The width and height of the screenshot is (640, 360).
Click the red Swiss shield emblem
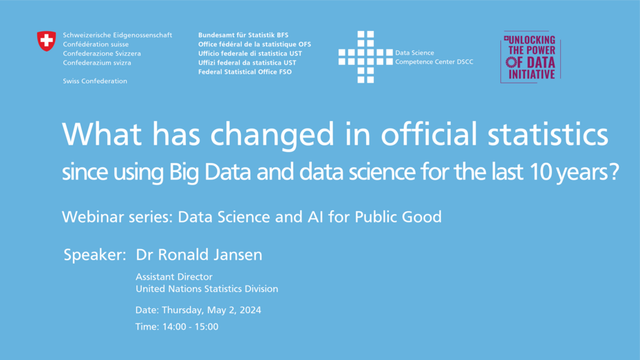[47, 41]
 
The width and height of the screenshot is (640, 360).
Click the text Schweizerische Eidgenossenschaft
[117, 35]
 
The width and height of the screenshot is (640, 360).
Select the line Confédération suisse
[96, 45]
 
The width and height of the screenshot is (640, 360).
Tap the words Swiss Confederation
[95, 81]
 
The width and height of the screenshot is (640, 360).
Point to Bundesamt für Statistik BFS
[243, 35]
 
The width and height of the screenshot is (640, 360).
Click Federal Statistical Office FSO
[245, 72]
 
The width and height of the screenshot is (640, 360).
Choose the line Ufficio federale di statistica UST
[250, 54]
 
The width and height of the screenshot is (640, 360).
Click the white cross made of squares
[365, 57]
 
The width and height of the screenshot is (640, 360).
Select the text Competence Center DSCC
[434, 62]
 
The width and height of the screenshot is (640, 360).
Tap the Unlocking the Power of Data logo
[531, 57]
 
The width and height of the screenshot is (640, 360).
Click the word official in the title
[429, 134]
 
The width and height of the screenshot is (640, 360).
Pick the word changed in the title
[273, 134]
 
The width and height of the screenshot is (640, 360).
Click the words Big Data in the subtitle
[210, 172]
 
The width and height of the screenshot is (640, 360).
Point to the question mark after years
[614, 171]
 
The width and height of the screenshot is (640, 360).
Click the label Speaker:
[95, 255]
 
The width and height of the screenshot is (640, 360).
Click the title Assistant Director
[174, 277]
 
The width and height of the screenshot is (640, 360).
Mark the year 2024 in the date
[250, 310]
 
